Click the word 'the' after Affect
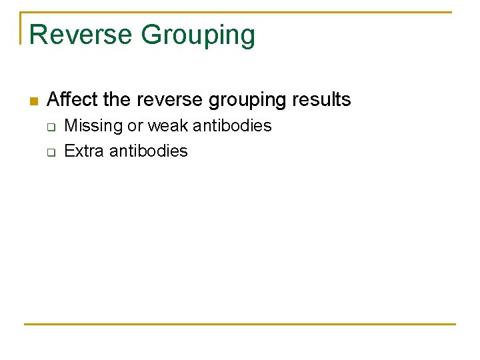click(x=117, y=100)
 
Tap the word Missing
click(x=93, y=126)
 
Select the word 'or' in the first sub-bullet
click(x=135, y=126)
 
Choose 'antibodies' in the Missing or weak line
click(x=232, y=126)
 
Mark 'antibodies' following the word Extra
click(x=148, y=151)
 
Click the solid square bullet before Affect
click(x=33, y=101)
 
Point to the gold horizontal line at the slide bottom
click(x=239, y=325)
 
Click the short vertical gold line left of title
click(x=21, y=27)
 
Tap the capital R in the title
click(x=37, y=35)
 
